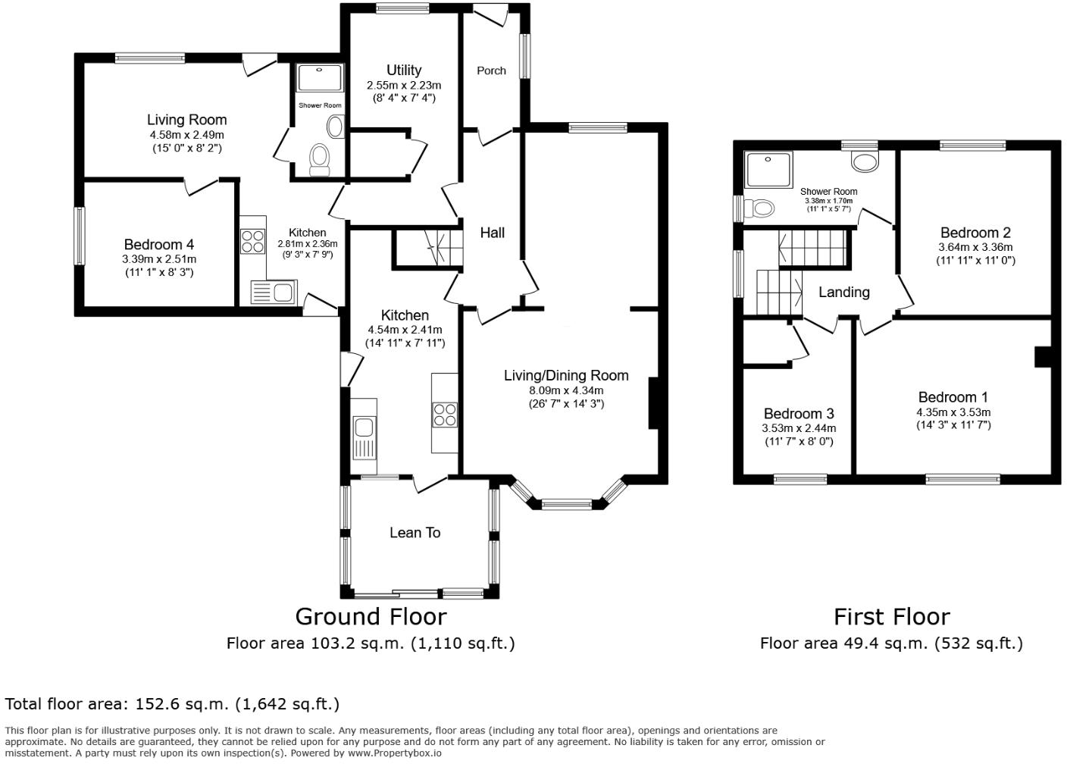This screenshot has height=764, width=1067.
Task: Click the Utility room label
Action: pos(403,70)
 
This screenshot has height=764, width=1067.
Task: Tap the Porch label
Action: pos(491,70)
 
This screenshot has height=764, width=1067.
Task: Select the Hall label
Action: pos(492,233)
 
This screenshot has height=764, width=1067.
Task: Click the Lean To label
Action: pos(415,533)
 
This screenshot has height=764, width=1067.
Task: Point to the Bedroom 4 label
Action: pos(158,244)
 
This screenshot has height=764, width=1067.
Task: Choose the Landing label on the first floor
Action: pos(843,292)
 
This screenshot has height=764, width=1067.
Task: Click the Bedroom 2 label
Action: pos(975,233)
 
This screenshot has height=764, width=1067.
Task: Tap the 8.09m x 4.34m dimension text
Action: pos(566,390)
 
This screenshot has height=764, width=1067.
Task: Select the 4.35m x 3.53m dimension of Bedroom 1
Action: pos(953,412)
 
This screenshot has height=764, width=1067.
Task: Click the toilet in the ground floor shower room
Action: pos(320,158)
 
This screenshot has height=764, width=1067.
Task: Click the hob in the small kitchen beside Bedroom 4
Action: pos(252,241)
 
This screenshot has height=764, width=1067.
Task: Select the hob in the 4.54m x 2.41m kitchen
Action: pos(444,415)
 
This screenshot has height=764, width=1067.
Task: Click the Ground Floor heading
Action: pos(370,616)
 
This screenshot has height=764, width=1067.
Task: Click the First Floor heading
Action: pos(891,616)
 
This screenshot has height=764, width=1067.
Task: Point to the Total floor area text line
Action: pos(172,704)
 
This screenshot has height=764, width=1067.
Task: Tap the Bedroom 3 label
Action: pos(798,414)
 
